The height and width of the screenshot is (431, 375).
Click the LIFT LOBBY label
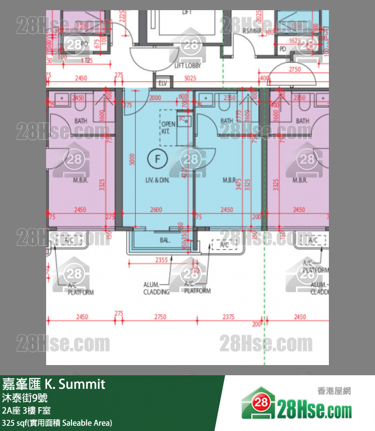pos(188,65)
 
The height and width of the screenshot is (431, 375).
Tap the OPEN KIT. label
pos(168,127)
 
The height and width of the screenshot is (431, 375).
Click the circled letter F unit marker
pos(157,159)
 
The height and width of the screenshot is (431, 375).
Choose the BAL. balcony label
pos(165,240)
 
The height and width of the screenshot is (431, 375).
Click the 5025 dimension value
pos(190,78)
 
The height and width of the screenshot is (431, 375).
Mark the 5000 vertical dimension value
pos(132,160)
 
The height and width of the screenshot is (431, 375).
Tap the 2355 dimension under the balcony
pos(161,260)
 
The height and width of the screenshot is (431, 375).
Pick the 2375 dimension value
pos(229,317)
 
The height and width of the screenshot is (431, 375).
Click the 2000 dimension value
pos(155,98)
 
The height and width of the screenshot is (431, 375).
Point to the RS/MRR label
pos(251,31)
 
